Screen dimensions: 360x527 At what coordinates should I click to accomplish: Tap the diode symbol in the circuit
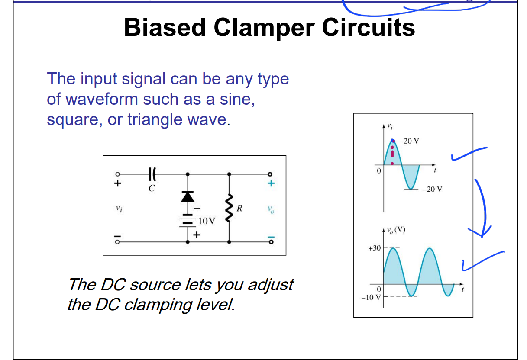tap(187, 197)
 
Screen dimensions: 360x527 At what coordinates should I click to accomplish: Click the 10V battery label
tap(206, 221)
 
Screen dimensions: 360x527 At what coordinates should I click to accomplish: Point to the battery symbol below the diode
tap(187, 222)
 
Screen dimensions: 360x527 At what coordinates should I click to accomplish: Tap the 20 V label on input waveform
tap(411, 141)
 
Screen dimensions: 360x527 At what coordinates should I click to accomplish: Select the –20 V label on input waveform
tap(433, 190)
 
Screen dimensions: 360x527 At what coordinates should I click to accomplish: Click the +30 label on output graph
tap(374, 248)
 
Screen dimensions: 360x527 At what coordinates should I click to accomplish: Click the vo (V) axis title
tap(396, 230)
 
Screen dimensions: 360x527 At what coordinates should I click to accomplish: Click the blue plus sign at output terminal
tap(271, 183)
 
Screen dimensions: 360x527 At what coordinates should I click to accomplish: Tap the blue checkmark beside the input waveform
tap(468, 154)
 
